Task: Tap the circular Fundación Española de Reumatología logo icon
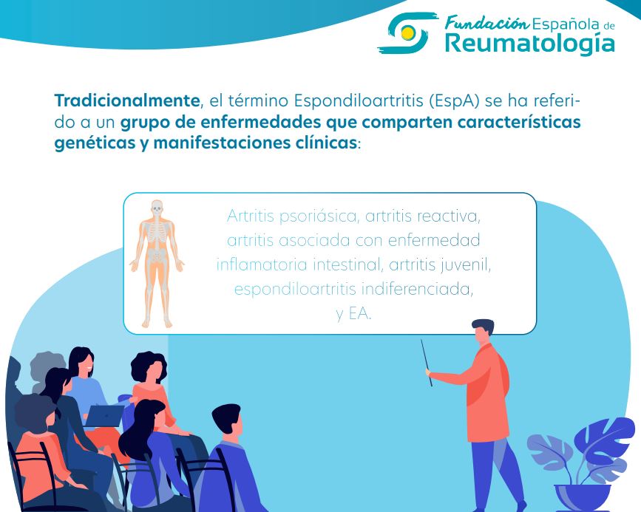(x=404, y=34)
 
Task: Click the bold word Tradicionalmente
(x=126, y=100)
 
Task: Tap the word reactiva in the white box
(x=450, y=216)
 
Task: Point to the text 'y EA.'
(x=353, y=313)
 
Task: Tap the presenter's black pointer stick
(x=427, y=362)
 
